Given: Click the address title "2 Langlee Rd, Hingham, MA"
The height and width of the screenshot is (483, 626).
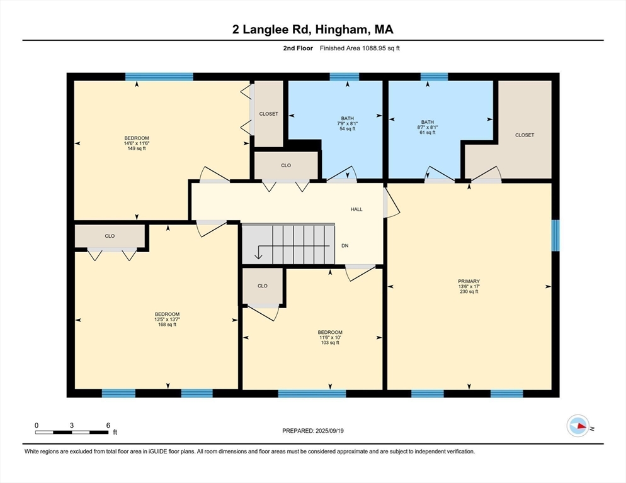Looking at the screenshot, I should pyautogui.click(x=312, y=29).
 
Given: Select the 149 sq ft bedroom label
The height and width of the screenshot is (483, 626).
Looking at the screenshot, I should pyautogui.click(x=137, y=143).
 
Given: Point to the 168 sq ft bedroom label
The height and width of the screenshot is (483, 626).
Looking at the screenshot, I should pyautogui.click(x=167, y=319).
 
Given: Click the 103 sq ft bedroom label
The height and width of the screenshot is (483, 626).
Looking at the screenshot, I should pyautogui.click(x=330, y=337).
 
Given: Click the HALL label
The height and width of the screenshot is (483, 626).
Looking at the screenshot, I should pyautogui.click(x=356, y=209).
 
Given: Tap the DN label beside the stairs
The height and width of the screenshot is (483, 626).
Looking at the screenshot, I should pyautogui.click(x=344, y=245).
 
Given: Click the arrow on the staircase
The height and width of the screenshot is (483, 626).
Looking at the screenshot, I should pyautogui.click(x=258, y=254).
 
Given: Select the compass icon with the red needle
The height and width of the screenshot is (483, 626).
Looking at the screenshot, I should pyautogui.click(x=578, y=426).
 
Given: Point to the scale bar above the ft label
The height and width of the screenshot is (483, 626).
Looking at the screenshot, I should pyautogui.click(x=72, y=432).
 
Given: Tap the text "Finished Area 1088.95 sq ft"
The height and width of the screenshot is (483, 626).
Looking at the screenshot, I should pyautogui.click(x=359, y=48).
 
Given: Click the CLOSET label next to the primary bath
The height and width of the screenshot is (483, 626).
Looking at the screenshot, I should pyautogui.click(x=524, y=135).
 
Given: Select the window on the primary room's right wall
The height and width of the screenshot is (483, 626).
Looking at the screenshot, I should pyautogui.click(x=555, y=235).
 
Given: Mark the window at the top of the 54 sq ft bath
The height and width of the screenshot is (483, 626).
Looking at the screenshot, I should pyautogui.click(x=344, y=77).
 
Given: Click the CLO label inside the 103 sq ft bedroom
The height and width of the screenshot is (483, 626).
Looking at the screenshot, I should pyautogui.click(x=263, y=286).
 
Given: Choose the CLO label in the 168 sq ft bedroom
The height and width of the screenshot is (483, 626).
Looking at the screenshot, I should pyautogui.click(x=110, y=236).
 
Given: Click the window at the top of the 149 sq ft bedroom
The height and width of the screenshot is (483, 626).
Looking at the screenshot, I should pyautogui.click(x=159, y=77).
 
